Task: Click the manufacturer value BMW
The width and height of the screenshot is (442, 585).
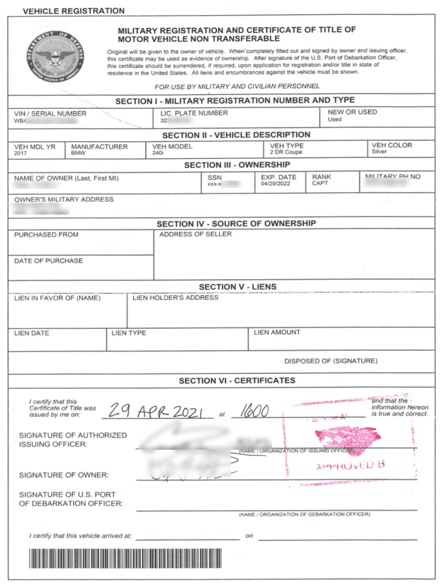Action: pyautogui.click(x=78, y=152)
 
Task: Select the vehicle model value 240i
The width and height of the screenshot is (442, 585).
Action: pyautogui.click(x=157, y=152)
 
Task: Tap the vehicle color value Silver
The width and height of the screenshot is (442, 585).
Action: pyautogui.click(x=380, y=152)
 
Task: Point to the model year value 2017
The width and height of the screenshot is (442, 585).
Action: pyautogui.click(x=21, y=152)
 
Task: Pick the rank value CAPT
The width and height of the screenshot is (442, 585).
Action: pyautogui.click(x=320, y=184)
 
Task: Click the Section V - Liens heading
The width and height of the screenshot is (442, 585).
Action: pyautogui.click(x=237, y=287)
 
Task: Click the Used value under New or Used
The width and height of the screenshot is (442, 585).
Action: pyautogui.click(x=335, y=119)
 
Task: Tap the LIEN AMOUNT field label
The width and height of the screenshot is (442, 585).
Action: pyautogui.click(x=277, y=332)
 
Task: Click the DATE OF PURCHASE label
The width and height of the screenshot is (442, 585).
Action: pyautogui.click(x=49, y=261)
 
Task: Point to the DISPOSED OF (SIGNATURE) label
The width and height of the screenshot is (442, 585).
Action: pyautogui.click(x=330, y=361)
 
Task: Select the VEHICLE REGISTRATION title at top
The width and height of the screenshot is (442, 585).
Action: pyautogui.click(x=65, y=11)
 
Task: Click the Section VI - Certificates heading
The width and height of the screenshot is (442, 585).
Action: pyautogui.click(x=237, y=380)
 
